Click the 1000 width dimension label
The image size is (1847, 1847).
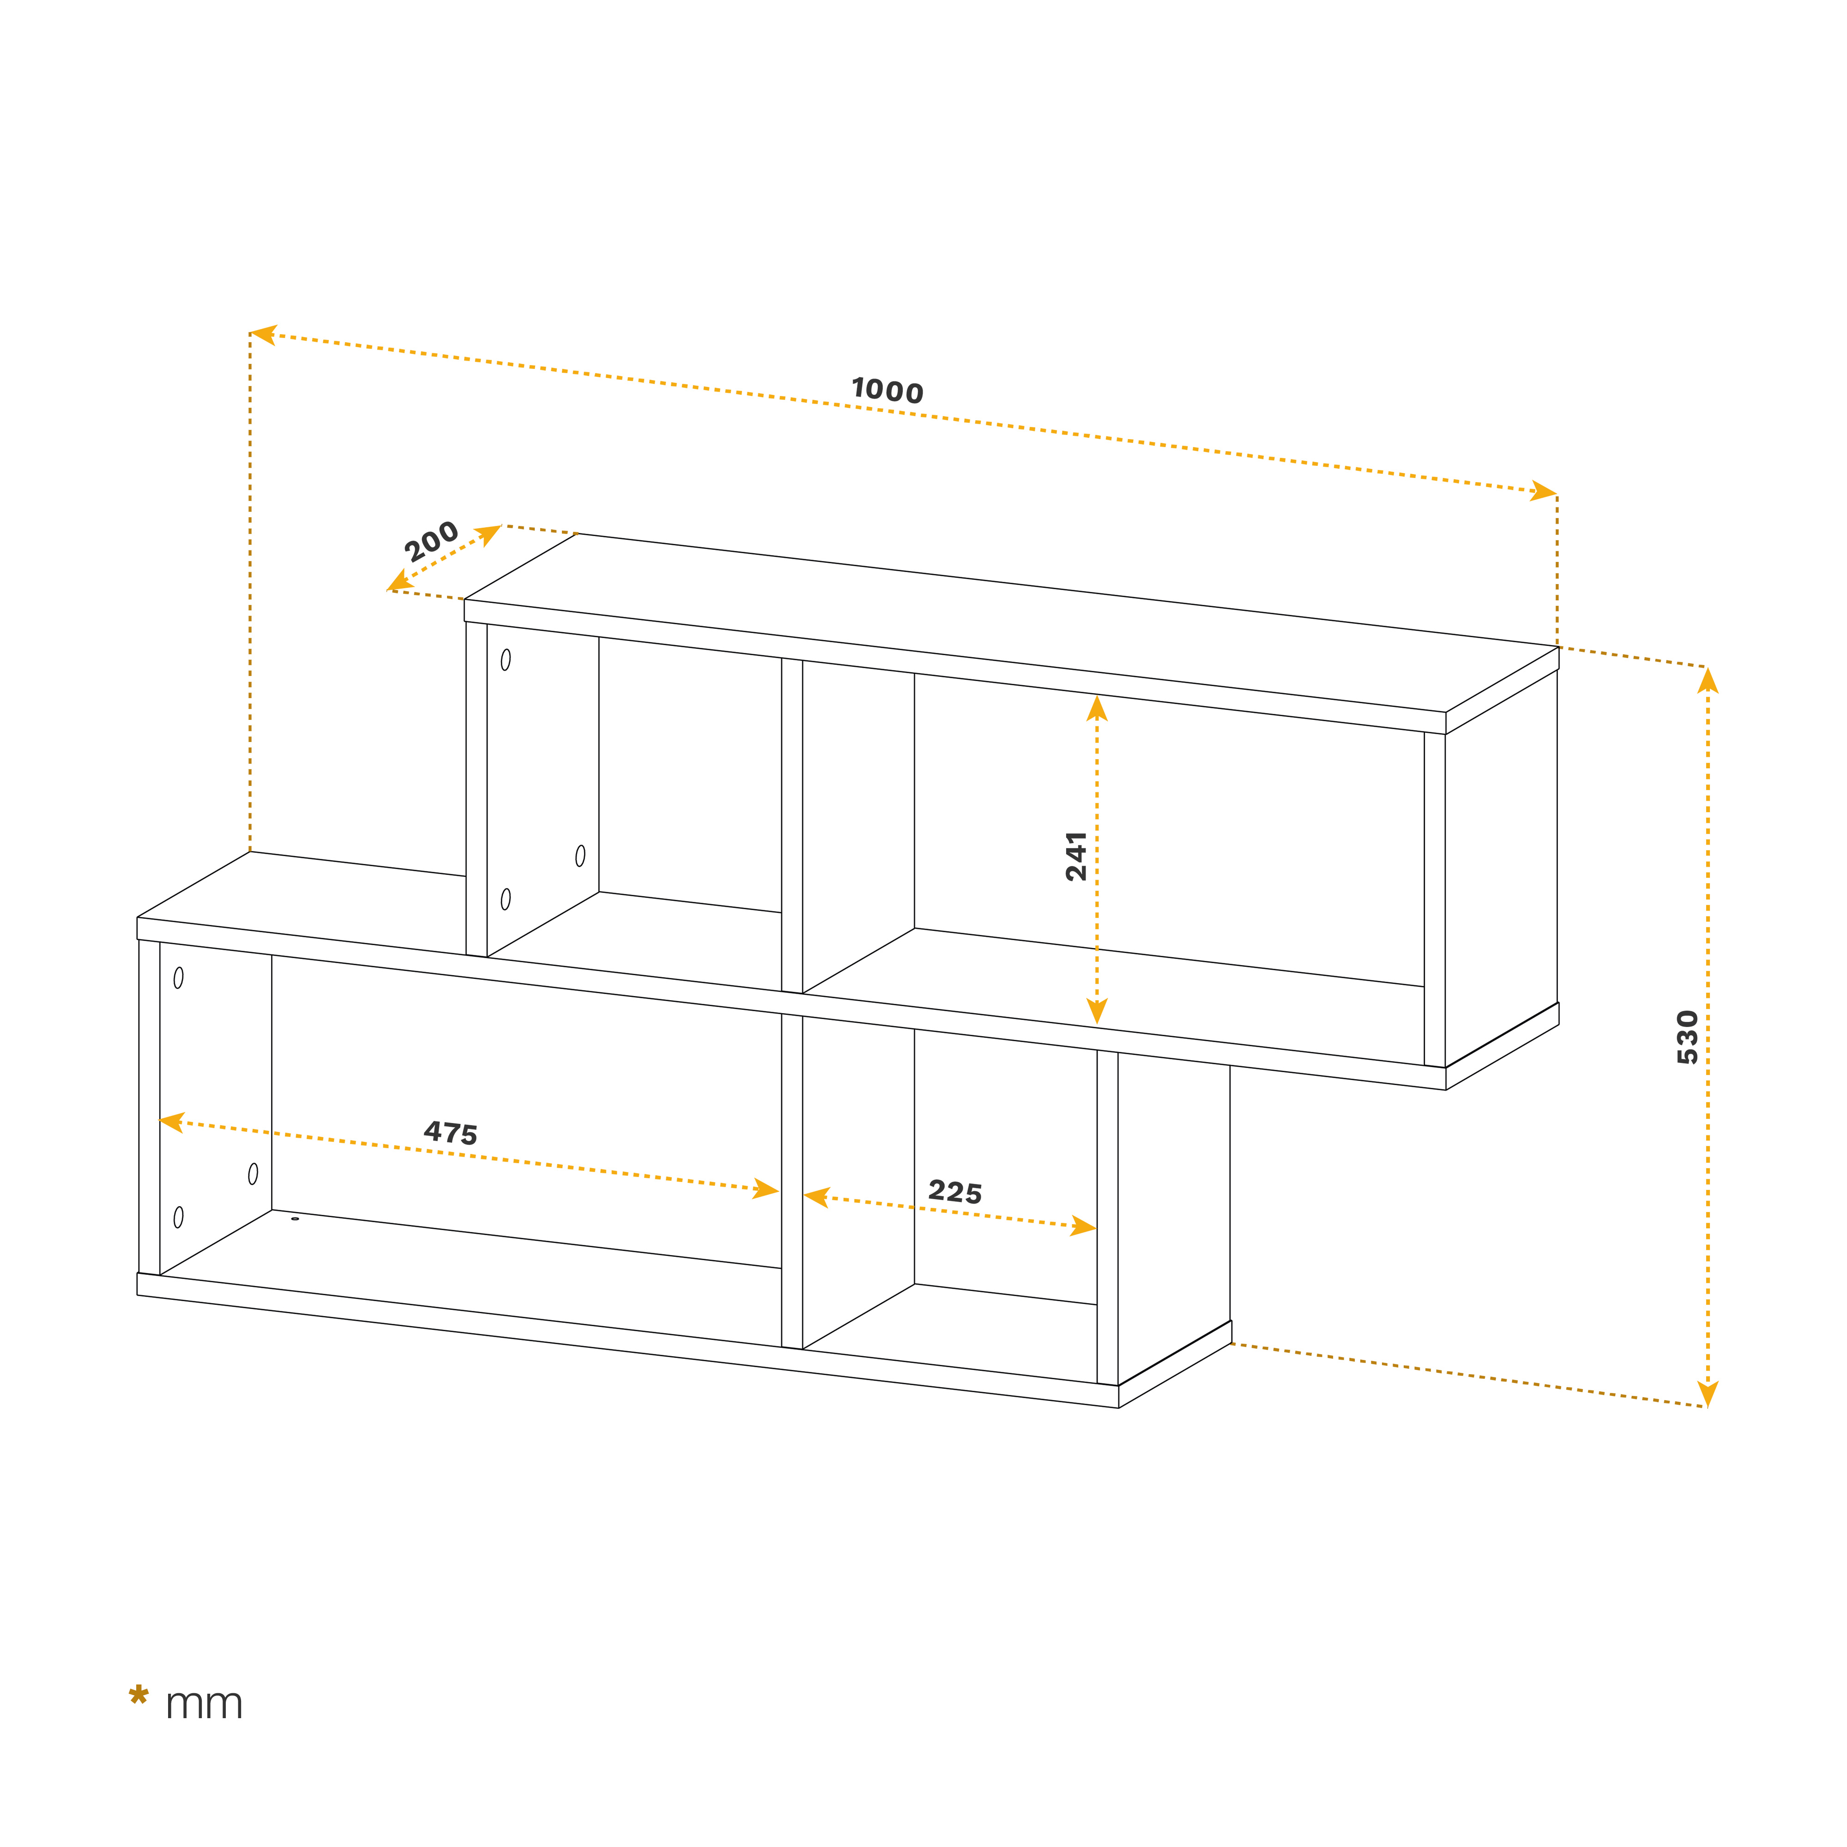(887, 390)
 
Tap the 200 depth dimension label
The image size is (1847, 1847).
(431, 542)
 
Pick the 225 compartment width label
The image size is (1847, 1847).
(955, 1192)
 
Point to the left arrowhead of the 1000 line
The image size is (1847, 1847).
(263, 335)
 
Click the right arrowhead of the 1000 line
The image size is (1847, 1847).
(1543, 491)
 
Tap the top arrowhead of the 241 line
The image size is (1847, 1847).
(1097, 708)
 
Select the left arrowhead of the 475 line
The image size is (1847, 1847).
(172, 1123)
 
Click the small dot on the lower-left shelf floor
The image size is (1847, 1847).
(295, 1219)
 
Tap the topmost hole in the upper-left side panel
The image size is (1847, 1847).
(506, 660)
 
